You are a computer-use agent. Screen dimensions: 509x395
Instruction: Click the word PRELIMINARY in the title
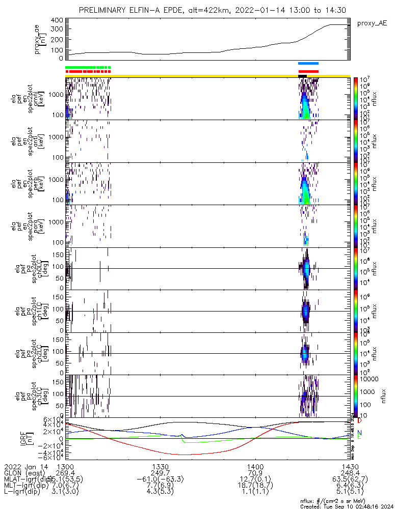pyautogui.click(x=106, y=10)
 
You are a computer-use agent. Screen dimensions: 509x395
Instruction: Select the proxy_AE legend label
pyautogui.click(x=373, y=23)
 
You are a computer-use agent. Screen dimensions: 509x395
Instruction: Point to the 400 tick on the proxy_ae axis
pyautogui.click(x=57, y=20)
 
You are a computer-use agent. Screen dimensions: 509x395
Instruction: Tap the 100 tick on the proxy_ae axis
pyautogui.click(x=57, y=50)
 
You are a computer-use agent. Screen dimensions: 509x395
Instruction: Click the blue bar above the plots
pyautogui.click(x=308, y=63)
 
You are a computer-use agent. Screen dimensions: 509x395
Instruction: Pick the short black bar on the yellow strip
pyautogui.click(x=302, y=76)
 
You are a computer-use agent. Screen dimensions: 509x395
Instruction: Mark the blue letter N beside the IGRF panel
pyautogui.click(x=359, y=433)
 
